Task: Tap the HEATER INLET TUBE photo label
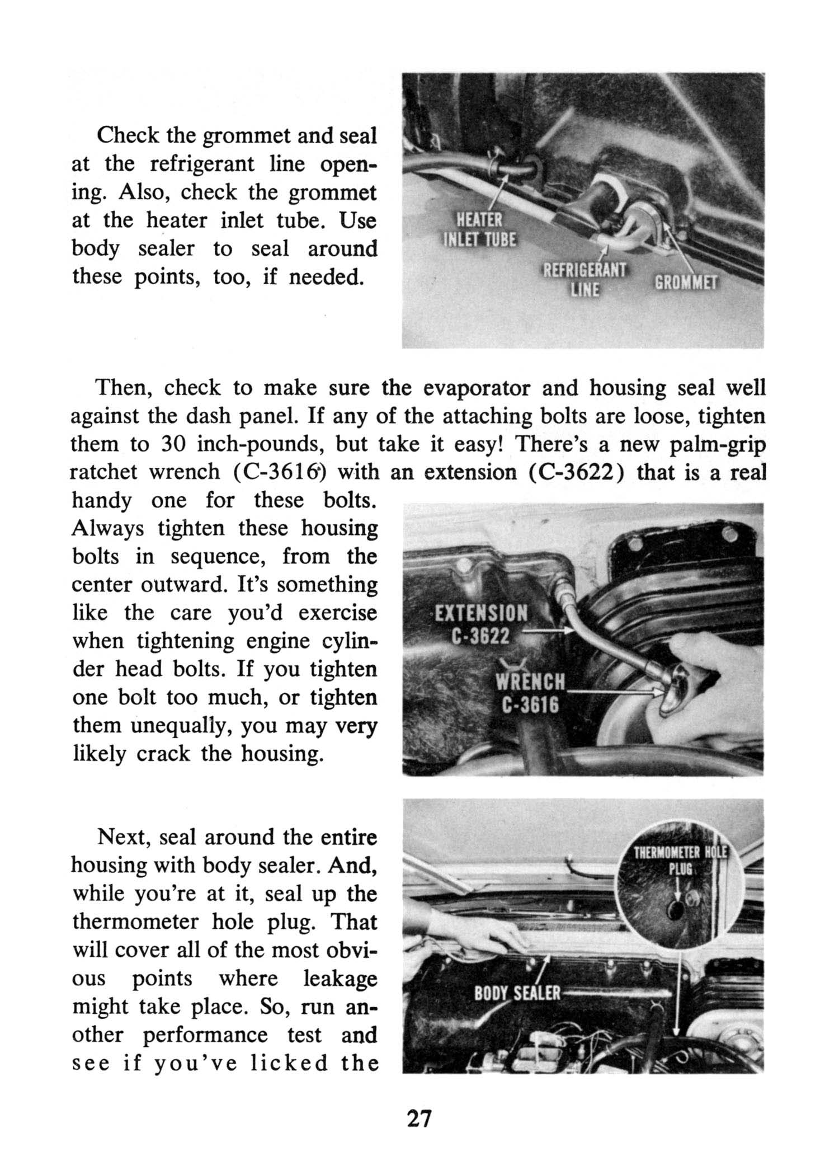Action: pyautogui.click(x=480, y=229)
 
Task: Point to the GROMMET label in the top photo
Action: pyautogui.click(x=686, y=283)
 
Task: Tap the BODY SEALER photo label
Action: pyautogui.click(x=517, y=993)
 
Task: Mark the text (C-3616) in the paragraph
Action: pyautogui.click(x=280, y=472)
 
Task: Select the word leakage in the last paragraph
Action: pyautogui.click(x=340, y=979)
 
